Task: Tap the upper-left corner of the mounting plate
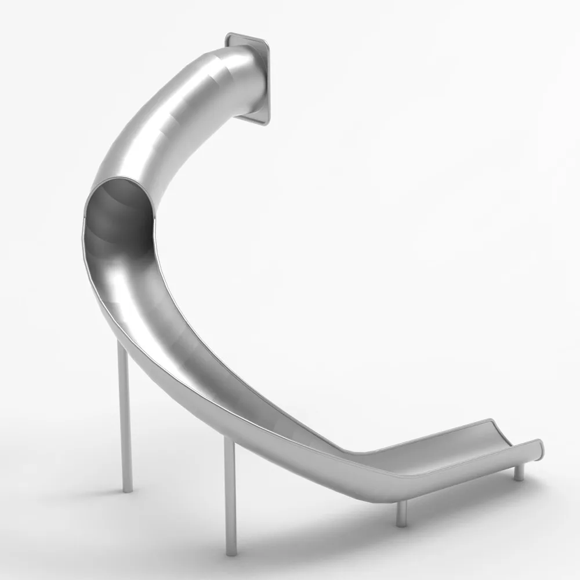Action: click(x=229, y=37)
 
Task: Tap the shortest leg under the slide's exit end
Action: click(x=519, y=471)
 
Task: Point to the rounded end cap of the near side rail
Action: click(x=539, y=449)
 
